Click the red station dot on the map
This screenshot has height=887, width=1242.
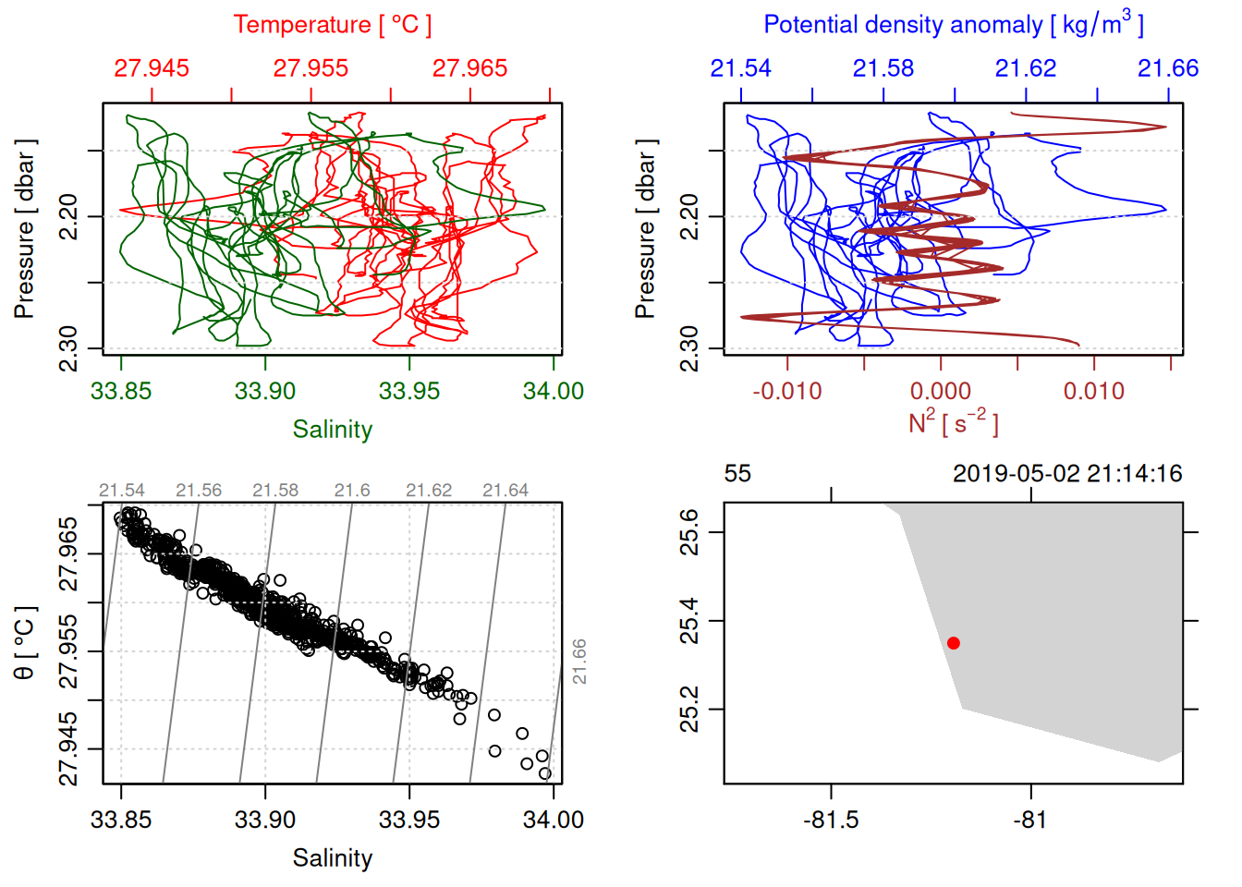pos(953,643)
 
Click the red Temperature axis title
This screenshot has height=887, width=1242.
pos(333,25)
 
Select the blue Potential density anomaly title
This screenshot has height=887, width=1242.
pos(953,25)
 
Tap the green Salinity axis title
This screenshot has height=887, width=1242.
pos(333,430)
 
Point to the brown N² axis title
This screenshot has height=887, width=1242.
pos(953,423)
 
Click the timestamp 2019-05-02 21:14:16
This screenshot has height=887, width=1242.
pos(1067,474)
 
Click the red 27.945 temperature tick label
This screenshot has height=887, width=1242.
pos(152,68)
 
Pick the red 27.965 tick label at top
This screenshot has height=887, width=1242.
pos(469,68)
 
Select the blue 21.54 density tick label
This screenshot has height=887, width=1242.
pos(740,68)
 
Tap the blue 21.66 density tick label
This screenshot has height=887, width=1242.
pos(1168,68)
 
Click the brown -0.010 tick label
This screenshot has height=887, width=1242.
pos(786,391)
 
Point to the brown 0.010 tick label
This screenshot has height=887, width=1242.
pos(1094,391)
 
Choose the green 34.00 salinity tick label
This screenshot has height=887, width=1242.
pos(554,391)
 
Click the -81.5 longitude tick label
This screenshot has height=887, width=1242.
pos(831,820)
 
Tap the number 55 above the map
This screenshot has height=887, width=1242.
pos(737,474)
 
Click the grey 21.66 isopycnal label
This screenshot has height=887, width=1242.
pos(579,662)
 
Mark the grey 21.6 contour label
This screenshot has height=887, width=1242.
pos(352,491)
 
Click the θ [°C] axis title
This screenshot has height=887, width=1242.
pos(25,643)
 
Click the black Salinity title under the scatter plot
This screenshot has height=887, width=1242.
pos(333,858)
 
